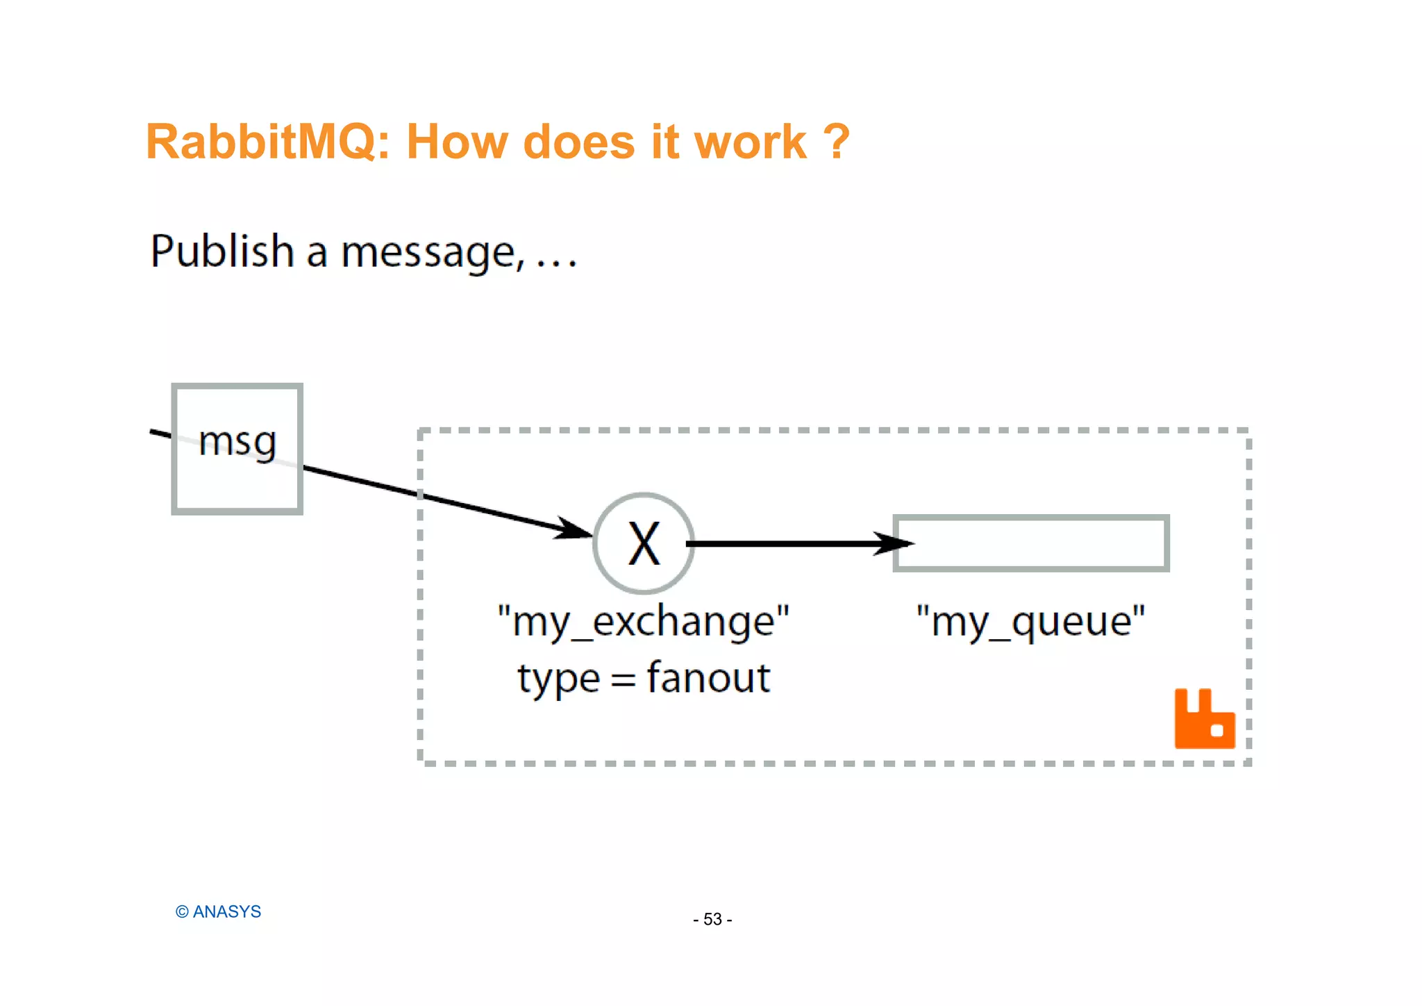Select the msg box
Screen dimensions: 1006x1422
[x=237, y=449]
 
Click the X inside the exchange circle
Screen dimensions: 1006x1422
[x=644, y=544]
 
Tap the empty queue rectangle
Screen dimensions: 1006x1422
[x=1031, y=543]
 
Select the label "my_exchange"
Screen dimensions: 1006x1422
[x=644, y=620]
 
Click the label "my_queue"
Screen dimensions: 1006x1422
[x=1030, y=620]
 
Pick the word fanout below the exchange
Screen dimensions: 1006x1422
[x=708, y=677]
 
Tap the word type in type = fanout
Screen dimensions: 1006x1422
[x=558, y=679]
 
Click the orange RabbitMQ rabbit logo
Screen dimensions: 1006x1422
[x=1204, y=720]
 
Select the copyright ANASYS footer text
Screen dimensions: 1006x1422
[x=218, y=912]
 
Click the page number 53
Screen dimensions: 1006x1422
[x=712, y=919]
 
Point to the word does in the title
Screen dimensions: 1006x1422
[x=579, y=142]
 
